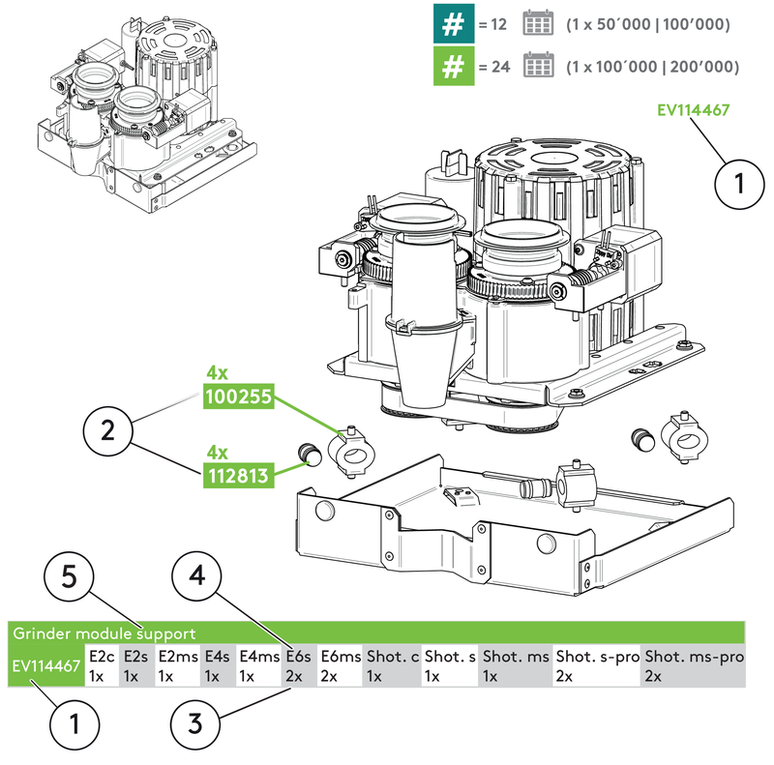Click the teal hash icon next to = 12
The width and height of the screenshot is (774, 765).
click(x=452, y=25)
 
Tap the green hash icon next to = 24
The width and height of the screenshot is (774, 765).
click(x=452, y=68)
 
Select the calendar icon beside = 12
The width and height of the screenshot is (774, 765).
click(x=537, y=25)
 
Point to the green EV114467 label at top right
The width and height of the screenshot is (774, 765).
click(x=694, y=110)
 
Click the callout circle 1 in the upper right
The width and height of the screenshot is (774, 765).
click(x=740, y=181)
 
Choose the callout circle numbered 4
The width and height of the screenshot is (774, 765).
click(x=197, y=577)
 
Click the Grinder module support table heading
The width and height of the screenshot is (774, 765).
click(x=104, y=634)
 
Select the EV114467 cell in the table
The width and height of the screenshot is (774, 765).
click(x=45, y=666)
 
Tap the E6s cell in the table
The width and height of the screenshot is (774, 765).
click(x=298, y=666)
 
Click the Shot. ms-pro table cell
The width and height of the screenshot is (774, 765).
click(x=694, y=666)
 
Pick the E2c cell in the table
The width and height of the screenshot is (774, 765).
click(x=103, y=666)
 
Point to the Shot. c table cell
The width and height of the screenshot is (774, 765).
click(x=393, y=666)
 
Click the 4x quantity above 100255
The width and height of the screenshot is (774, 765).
click(x=217, y=372)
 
